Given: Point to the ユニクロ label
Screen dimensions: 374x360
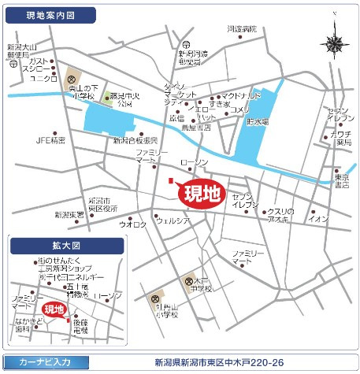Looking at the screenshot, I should click(x=43, y=78).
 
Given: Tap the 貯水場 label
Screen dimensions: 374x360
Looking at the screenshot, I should click(x=258, y=122).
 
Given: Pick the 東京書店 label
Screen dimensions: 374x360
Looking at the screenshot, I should click(x=341, y=182).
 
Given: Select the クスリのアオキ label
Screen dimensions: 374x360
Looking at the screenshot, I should click(x=279, y=216).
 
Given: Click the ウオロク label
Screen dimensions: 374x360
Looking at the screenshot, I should click(x=132, y=224).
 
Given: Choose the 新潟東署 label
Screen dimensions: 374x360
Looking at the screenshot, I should click(x=69, y=214).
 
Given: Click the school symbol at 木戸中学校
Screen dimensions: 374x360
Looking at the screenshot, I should click(x=189, y=281).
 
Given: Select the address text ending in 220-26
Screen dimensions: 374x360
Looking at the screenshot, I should click(x=219, y=363).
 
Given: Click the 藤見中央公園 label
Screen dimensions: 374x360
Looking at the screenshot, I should click(x=121, y=99).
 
